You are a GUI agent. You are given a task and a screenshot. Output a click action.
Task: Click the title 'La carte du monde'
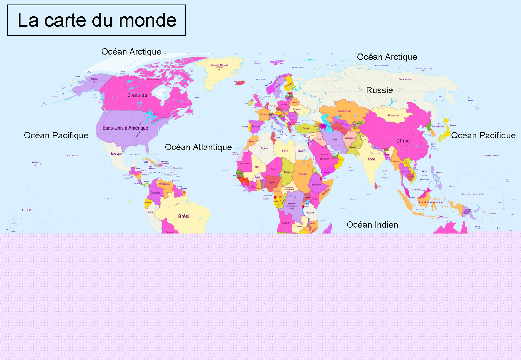click(97, 20)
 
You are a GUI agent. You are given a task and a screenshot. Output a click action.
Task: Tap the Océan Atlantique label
click(198, 147)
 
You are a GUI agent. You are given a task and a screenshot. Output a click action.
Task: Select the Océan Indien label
click(372, 225)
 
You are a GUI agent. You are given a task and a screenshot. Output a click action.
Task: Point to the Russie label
click(380, 90)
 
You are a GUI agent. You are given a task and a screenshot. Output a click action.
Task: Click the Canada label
click(138, 96)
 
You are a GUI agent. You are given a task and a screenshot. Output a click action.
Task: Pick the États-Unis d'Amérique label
click(125, 128)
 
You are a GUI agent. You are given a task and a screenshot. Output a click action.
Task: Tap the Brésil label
click(184, 216)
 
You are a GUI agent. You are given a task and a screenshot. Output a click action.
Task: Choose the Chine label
click(403, 141)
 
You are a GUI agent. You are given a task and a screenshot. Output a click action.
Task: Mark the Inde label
click(372, 159)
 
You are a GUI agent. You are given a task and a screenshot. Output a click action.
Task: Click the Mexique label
click(117, 154)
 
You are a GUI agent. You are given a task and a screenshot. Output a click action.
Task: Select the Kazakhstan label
click(344, 111)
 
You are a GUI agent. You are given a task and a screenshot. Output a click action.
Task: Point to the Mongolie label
click(393, 115)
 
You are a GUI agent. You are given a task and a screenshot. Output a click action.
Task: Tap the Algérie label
click(264, 148)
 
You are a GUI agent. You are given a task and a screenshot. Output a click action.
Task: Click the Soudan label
click(303, 174)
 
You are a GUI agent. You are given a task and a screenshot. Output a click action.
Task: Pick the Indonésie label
click(431, 202)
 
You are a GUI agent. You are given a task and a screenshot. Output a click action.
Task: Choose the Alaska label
click(94, 79)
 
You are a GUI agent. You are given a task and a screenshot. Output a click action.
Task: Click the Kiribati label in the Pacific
click(27, 210)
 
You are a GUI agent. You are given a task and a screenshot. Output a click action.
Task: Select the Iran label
click(334, 140)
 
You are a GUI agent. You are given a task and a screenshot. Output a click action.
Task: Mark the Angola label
click(286, 223)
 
